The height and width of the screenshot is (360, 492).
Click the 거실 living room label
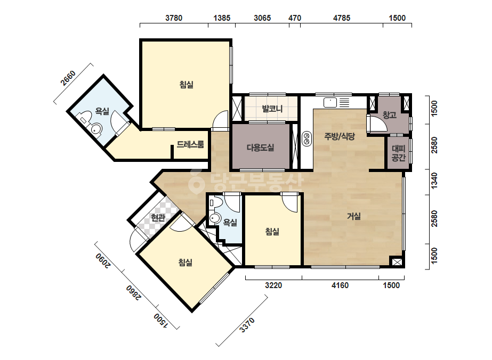[353, 216]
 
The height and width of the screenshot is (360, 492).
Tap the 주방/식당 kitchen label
[340, 136]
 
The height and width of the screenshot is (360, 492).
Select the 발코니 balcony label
[272, 109]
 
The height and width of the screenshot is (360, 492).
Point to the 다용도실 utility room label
[261, 148]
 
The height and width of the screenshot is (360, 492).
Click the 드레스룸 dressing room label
[190, 144]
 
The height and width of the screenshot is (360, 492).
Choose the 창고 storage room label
[389, 115]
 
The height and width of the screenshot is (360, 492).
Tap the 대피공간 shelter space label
[399, 153]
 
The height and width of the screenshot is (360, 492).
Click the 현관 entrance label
[158, 217]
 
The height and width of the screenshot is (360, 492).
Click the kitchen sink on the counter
[330, 103]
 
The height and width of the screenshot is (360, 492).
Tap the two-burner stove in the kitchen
[307, 138]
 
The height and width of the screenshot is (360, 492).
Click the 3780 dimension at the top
[174, 18]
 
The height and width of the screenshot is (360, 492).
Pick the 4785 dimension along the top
[341, 18]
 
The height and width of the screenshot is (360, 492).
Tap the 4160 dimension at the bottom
[340, 285]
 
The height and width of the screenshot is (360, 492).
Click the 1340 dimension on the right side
[434, 181]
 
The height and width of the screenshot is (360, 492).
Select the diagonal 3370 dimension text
[247, 325]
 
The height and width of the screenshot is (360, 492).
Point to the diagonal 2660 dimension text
[68, 78]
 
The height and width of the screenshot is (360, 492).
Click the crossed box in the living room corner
[397, 262]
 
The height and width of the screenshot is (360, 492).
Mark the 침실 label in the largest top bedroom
[187, 84]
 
